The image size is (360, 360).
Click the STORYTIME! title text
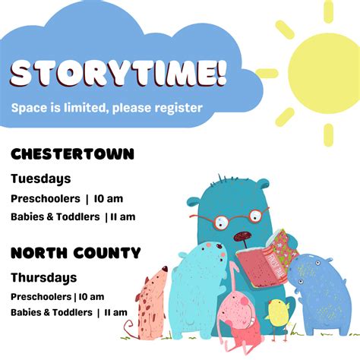coord(118,74)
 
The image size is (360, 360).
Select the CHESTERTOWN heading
coord(72,154)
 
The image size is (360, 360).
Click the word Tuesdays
coord(41,179)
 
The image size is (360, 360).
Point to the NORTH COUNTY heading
coord(76,253)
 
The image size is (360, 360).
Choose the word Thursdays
coord(44,278)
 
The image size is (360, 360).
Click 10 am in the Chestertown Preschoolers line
coord(109,199)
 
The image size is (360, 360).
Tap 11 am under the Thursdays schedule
coord(115,313)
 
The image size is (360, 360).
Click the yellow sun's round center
coord(325,73)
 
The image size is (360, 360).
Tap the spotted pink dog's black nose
coord(165,269)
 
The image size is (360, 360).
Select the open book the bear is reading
coord(267,260)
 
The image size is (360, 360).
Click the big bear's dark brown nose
coord(242,236)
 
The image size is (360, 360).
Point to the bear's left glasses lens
coord(222,222)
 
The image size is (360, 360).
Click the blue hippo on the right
coord(321,295)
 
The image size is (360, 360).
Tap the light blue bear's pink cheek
coord(223,254)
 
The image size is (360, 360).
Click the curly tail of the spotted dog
coord(131,329)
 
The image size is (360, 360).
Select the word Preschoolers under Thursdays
coord(41,297)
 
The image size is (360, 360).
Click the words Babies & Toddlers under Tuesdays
coord(55,217)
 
